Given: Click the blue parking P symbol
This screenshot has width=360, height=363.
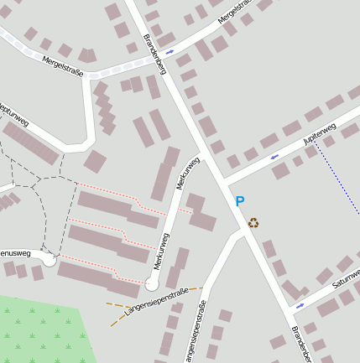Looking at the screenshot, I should [239, 201].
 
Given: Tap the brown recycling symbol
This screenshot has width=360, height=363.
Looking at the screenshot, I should [253, 222].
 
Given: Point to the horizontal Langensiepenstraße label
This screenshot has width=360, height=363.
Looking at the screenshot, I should [155, 302].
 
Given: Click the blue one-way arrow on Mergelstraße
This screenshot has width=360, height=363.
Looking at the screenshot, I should [170, 52].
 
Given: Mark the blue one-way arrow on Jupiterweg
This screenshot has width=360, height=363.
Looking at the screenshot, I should [274, 156].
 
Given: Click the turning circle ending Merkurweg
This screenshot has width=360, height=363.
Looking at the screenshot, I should [151, 284].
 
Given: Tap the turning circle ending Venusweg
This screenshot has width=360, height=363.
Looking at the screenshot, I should [50, 261].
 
